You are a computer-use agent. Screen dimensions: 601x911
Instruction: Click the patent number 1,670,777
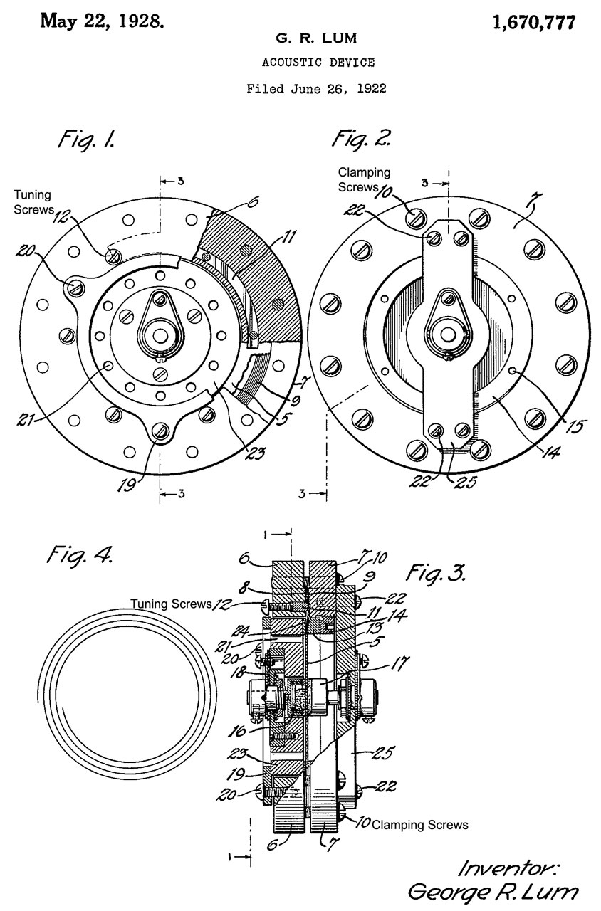point(534,23)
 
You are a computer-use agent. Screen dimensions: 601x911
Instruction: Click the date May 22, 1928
point(102,21)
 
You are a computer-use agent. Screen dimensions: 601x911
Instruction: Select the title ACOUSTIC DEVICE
point(318,63)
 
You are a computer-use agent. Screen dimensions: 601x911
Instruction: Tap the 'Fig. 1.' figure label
point(87,139)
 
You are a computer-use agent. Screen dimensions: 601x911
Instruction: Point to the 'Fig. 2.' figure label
point(361,139)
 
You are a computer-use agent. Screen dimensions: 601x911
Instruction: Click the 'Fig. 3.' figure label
point(436,574)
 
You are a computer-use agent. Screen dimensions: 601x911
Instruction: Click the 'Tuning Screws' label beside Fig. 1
point(33,202)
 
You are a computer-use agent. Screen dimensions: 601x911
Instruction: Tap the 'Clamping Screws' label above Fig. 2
point(363,179)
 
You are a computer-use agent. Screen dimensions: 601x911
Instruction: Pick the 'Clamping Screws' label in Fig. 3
point(420,825)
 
